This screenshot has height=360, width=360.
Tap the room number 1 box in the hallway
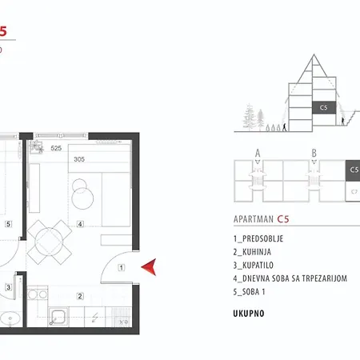(x=121, y=267)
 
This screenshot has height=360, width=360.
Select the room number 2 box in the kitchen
(x=80, y=296)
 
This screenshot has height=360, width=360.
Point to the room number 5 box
(x=7, y=224)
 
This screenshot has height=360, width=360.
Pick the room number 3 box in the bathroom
(x=7, y=286)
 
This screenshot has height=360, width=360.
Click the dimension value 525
(x=57, y=149)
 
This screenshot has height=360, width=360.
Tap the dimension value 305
(x=78, y=159)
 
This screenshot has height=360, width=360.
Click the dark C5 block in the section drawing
(x=323, y=106)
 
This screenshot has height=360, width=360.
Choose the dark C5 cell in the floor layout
(x=354, y=170)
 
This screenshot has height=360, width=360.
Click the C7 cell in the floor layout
(x=354, y=191)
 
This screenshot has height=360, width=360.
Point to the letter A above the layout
(x=258, y=152)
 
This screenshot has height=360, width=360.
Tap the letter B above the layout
(x=314, y=152)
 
